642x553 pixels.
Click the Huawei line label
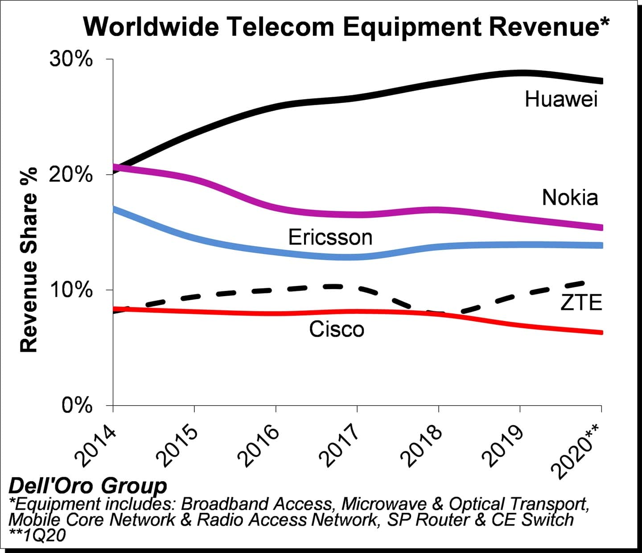point(561,99)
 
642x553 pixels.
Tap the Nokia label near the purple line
point(570,198)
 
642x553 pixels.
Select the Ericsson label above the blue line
point(330,237)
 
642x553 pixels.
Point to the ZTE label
point(581,303)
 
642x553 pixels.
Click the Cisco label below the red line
point(337,330)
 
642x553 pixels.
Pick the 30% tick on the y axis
point(71,59)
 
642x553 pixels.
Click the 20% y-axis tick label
point(71,175)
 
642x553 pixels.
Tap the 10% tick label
point(71,290)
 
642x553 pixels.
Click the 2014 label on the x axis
point(95,446)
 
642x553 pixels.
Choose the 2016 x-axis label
point(259,446)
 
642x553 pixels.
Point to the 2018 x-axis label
point(421,446)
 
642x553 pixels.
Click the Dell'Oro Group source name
point(88,486)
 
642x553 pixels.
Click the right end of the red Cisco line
point(601,332)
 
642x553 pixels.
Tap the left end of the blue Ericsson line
point(114,209)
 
